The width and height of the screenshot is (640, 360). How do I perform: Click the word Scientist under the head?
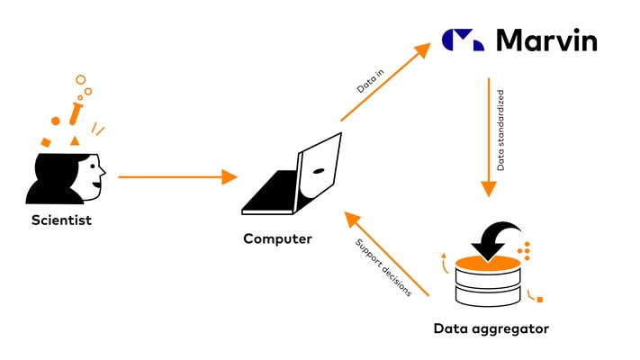click(61, 220)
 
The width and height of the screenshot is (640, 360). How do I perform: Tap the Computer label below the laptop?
click(277, 239)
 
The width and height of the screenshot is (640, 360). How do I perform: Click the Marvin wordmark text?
click(545, 40)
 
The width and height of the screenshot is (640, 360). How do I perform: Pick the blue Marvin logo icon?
click(463, 40)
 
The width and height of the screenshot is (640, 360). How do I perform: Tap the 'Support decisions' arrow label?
click(383, 268)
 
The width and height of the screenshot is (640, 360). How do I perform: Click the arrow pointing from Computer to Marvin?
click(385, 83)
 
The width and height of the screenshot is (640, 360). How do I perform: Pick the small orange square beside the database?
click(539, 299)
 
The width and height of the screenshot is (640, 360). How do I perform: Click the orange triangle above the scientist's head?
click(75, 140)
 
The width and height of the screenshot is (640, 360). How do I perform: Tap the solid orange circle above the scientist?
click(56, 121)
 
